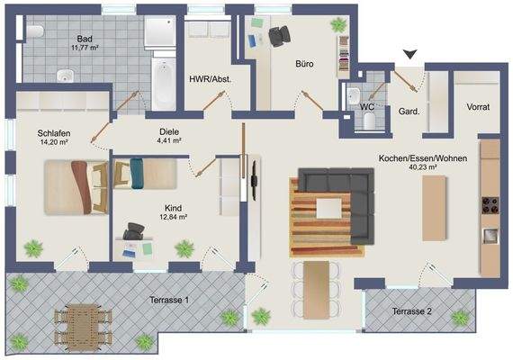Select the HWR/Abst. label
(209, 80)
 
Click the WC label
(366, 106)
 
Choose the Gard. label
(410, 112)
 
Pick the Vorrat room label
(478, 107)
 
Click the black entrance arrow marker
(410, 56)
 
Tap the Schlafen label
(54, 133)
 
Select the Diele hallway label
(169, 130)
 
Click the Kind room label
(174, 207)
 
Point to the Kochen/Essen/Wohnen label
(420, 157)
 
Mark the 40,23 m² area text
(420, 166)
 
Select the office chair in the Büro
(280, 35)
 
